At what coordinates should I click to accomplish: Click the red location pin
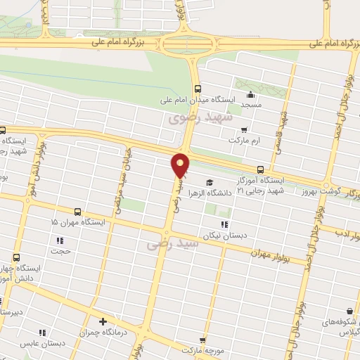[x=181, y=165]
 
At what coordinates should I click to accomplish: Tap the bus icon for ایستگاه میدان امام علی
[x=198, y=89]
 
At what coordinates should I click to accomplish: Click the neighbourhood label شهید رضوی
[x=191, y=118]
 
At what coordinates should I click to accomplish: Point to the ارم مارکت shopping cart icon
[x=244, y=129]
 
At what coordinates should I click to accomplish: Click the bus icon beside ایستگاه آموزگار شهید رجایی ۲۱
[x=260, y=169]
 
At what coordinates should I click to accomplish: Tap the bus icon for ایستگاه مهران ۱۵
[x=77, y=212]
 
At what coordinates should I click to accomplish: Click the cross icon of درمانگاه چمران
[x=103, y=321]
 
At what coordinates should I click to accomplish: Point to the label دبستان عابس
[x=63, y=344]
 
